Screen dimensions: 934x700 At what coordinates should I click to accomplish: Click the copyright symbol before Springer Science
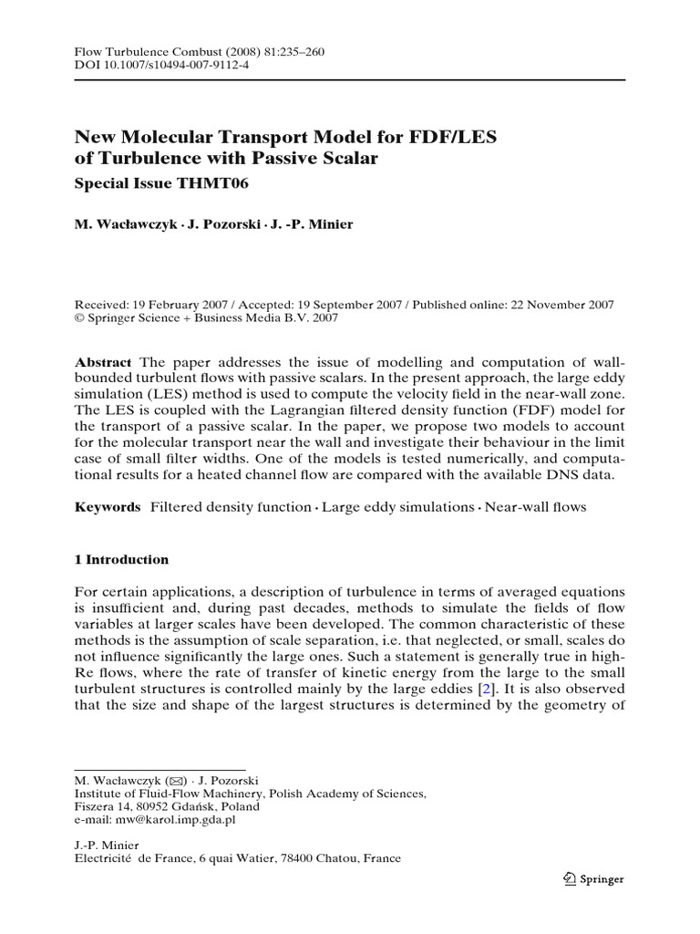pyautogui.click(x=78, y=320)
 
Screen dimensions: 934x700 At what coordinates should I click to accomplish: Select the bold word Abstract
pyautogui.click(x=102, y=361)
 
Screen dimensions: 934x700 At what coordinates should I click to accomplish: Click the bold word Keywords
pyautogui.click(x=108, y=506)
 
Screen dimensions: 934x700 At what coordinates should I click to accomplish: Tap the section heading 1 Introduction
pyautogui.click(x=121, y=559)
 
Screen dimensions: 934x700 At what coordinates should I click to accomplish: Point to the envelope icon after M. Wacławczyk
pyautogui.click(x=160, y=781)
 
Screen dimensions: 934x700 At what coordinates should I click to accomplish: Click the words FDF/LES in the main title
pyautogui.click(x=452, y=137)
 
